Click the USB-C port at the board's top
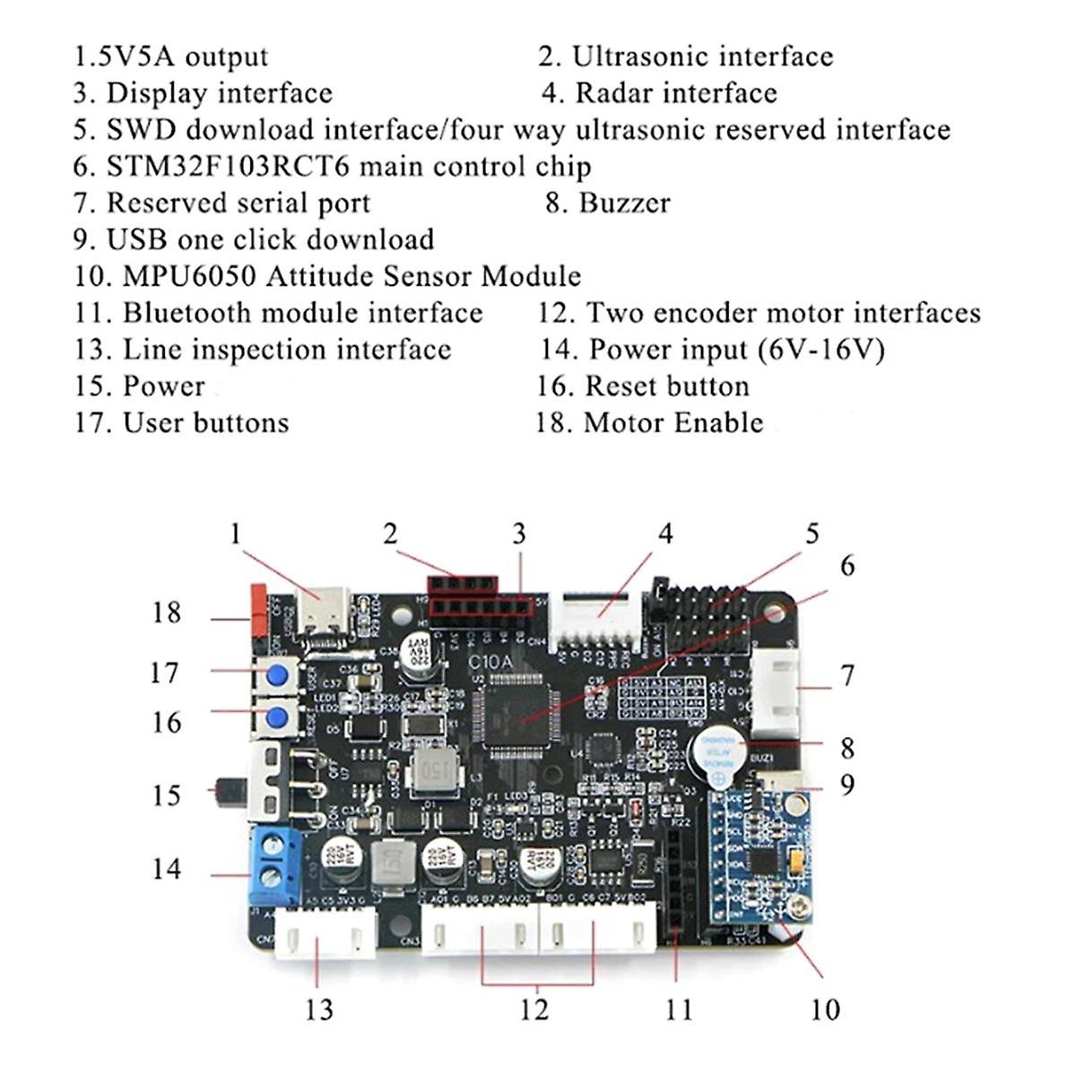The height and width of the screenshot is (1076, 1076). (321, 612)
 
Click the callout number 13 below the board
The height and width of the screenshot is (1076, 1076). (318, 1010)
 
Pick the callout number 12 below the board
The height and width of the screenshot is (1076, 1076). (534, 1010)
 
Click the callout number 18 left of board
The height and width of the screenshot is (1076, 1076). (166, 613)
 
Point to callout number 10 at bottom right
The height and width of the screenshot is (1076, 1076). (824, 1010)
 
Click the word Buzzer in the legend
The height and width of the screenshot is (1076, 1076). (624, 203)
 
